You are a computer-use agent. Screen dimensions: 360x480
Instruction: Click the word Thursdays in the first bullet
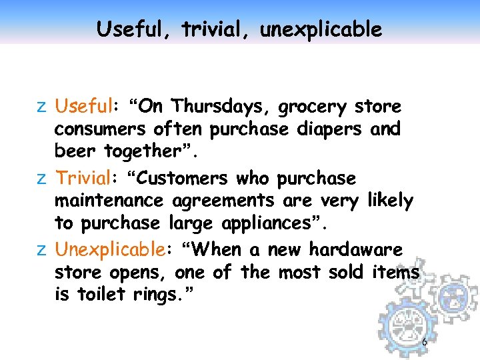coord(220,107)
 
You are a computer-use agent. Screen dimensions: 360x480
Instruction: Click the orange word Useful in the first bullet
coord(82,107)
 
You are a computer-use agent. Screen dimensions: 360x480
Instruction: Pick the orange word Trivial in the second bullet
coord(82,179)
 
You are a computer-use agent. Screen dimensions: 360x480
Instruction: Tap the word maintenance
coord(110,201)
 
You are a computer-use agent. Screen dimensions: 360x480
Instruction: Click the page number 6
coord(424,342)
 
